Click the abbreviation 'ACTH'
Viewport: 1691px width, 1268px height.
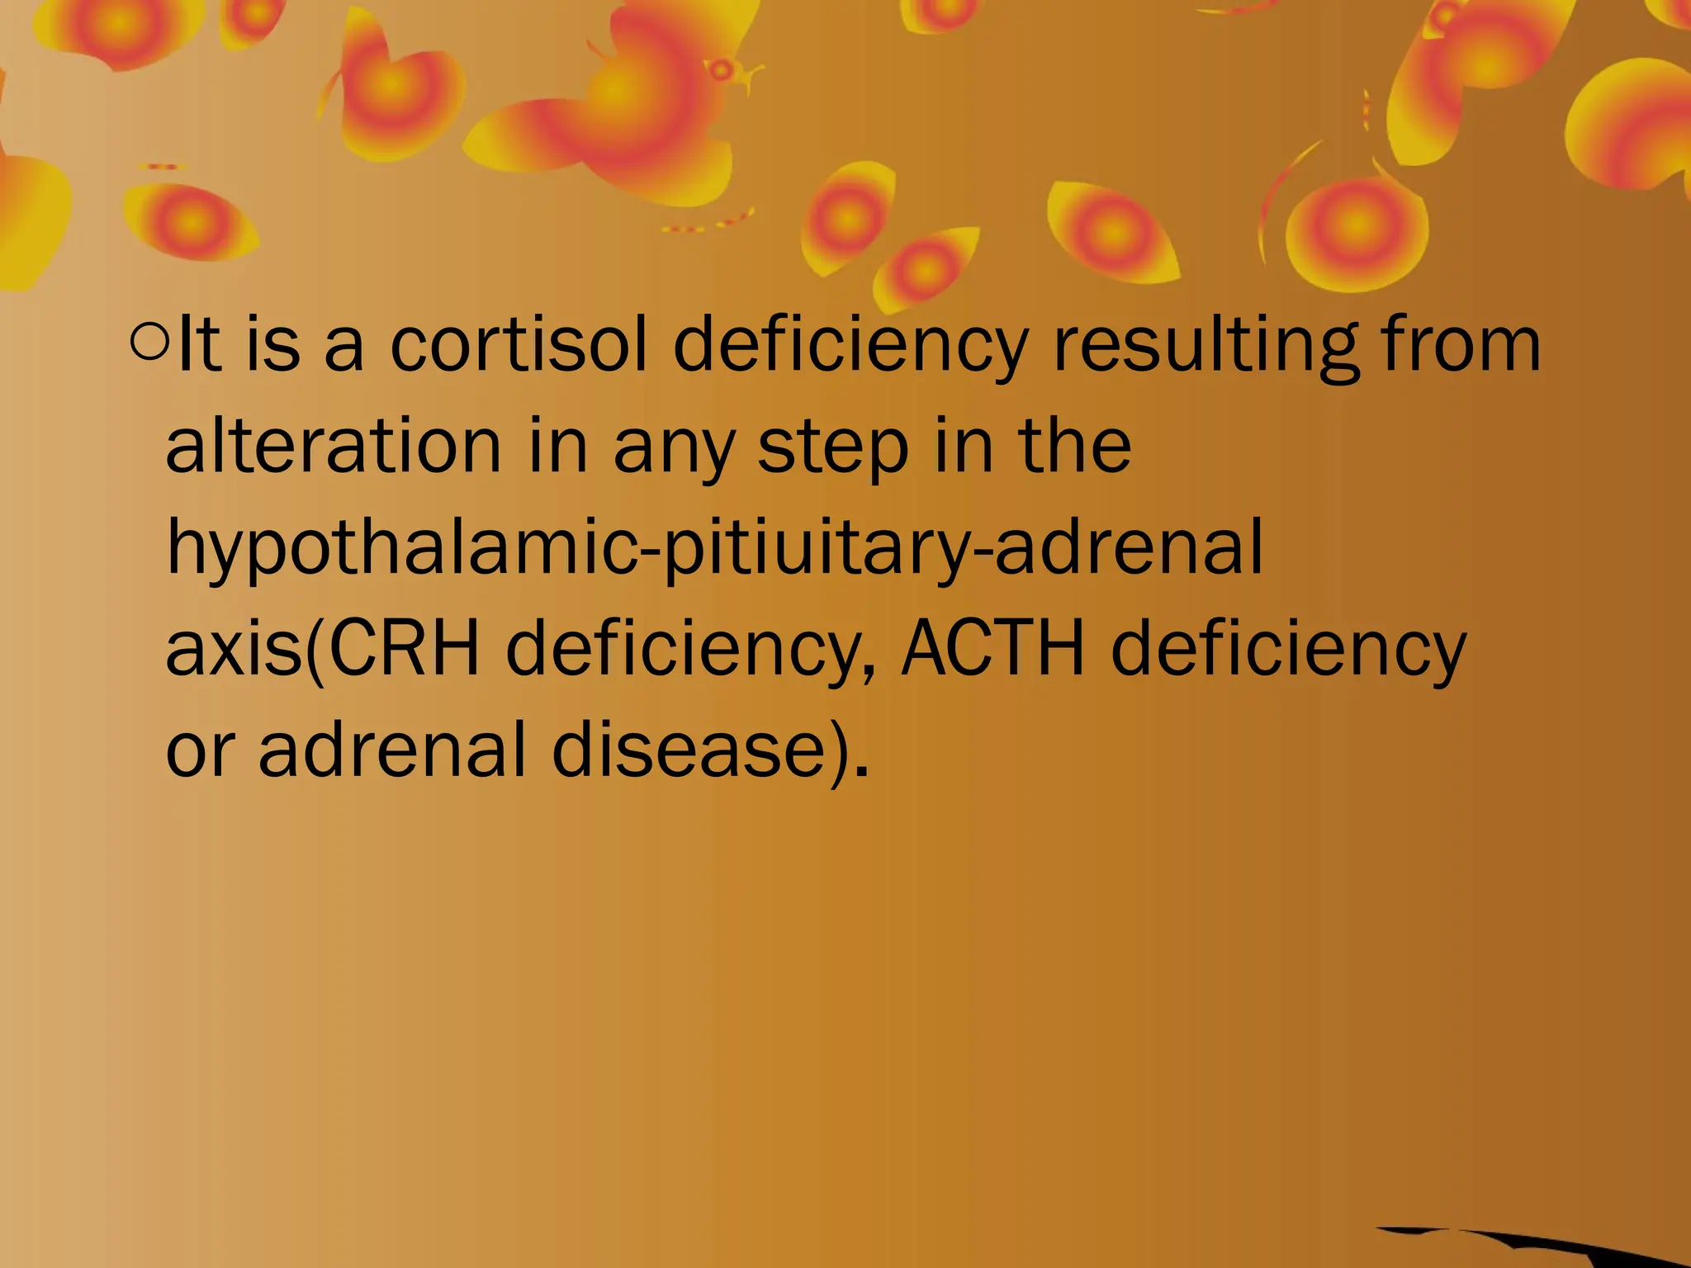[992, 649]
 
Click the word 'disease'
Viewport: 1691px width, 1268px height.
[689, 750]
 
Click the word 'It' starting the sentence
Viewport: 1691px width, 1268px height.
[198, 343]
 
